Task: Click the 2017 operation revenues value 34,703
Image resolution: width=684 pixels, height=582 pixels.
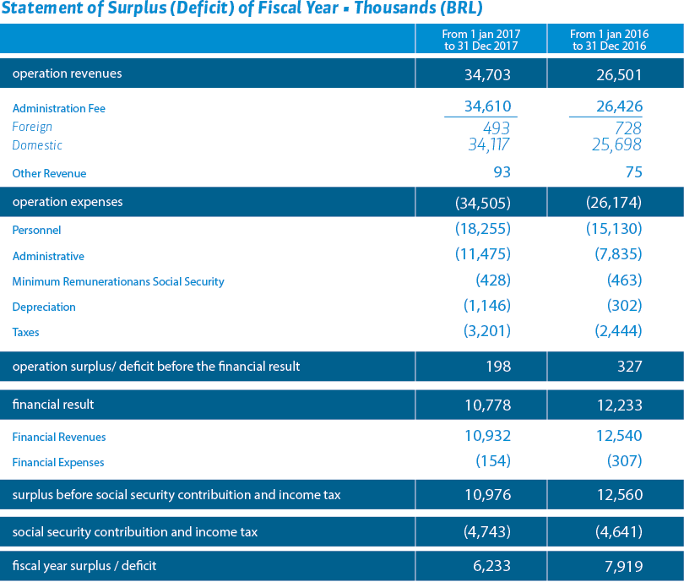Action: pyautogui.click(x=487, y=75)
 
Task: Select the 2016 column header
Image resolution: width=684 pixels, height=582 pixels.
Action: pyautogui.click(x=609, y=40)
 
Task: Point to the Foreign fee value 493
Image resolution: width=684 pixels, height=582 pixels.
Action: pyautogui.click(x=497, y=128)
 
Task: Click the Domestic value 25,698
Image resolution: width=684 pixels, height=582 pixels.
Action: pyautogui.click(x=616, y=144)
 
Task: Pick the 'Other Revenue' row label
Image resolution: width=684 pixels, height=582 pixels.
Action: pyautogui.click(x=49, y=173)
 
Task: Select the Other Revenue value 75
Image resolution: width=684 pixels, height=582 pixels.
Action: pyautogui.click(x=634, y=171)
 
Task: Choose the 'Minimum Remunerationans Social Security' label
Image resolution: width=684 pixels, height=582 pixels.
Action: pyautogui.click(x=118, y=282)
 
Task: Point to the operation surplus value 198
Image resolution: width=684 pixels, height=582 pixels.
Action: pyautogui.click(x=498, y=366)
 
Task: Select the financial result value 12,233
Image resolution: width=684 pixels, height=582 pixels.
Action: pyautogui.click(x=620, y=405)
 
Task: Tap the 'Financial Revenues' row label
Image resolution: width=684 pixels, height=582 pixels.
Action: pyautogui.click(x=59, y=437)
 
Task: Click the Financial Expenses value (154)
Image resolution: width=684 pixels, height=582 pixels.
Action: pyautogui.click(x=493, y=460)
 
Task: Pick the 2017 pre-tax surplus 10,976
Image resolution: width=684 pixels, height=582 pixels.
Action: pyautogui.click(x=488, y=495)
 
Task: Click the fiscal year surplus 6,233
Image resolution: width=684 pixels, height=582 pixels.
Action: pyautogui.click(x=491, y=566)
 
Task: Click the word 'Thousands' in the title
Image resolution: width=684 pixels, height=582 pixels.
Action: pyautogui.click(x=395, y=8)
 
